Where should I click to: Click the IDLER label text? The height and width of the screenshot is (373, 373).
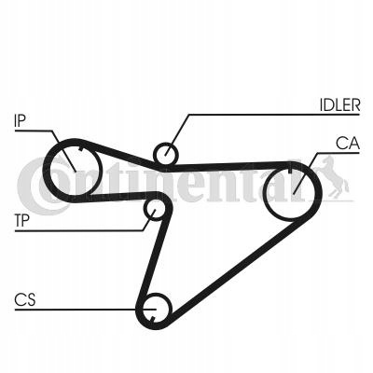tap(339, 105)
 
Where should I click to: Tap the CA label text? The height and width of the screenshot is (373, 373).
tap(348, 144)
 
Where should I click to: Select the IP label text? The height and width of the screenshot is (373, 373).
tap(20, 120)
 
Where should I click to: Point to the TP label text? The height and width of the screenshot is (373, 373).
tap(21, 221)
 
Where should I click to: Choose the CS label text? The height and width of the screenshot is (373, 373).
tap(25, 299)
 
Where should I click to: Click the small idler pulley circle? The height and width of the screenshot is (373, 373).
tap(166, 153)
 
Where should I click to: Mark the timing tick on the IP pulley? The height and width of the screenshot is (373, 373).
tap(81, 148)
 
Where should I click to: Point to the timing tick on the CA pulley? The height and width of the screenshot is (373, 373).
tap(290, 171)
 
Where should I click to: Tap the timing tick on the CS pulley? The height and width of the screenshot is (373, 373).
tap(152, 320)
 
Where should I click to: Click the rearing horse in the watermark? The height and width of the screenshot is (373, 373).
tap(334, 176)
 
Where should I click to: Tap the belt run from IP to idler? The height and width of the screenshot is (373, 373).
tap(118, 154)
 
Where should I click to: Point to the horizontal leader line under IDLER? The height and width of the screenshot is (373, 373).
tap(274, 115)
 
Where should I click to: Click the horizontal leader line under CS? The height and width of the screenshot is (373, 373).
tap(85, 310)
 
